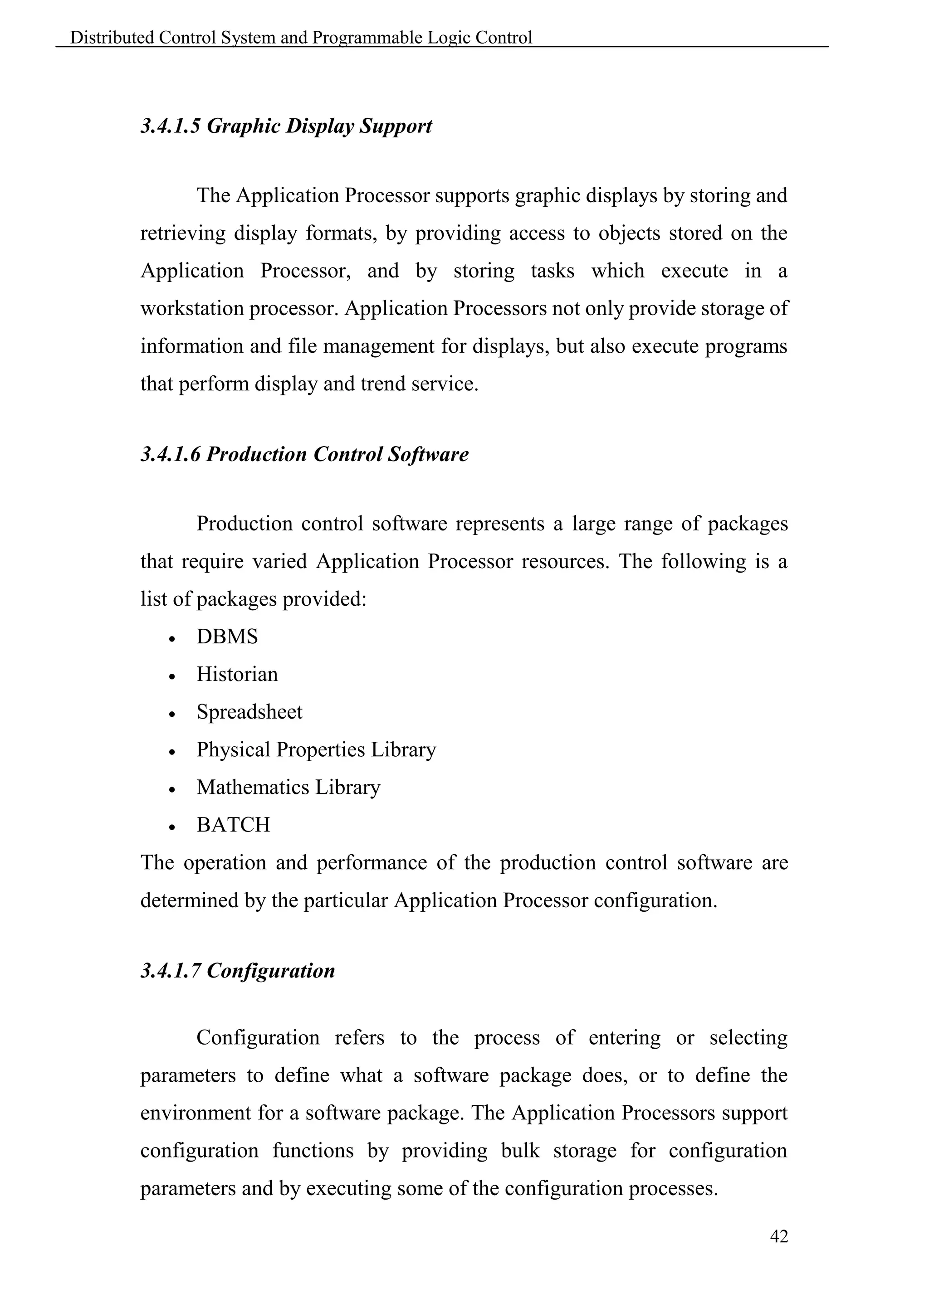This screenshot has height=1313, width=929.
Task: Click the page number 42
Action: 778,1236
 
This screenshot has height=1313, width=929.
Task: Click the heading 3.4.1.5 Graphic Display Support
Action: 286,126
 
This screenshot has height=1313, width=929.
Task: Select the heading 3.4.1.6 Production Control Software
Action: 304,455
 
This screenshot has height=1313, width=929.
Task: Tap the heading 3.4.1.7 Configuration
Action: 237,970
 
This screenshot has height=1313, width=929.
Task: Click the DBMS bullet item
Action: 227,637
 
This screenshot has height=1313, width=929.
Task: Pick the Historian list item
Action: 237,674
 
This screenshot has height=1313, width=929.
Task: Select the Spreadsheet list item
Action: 249,712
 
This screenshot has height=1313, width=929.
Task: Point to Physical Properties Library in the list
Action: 316,750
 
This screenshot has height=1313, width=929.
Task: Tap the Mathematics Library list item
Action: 288,788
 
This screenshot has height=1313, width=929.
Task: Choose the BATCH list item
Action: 233,825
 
